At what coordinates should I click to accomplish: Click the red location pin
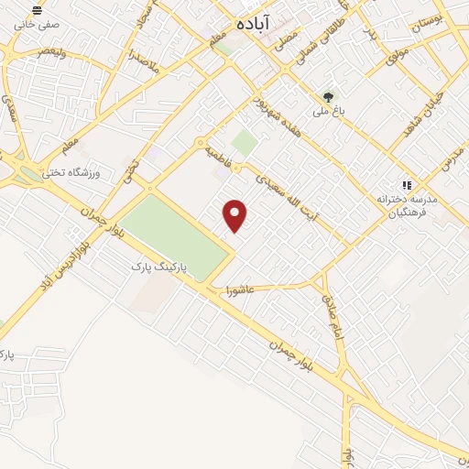click(x=236, y=214)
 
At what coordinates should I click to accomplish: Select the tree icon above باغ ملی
click(x=328, y=95)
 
